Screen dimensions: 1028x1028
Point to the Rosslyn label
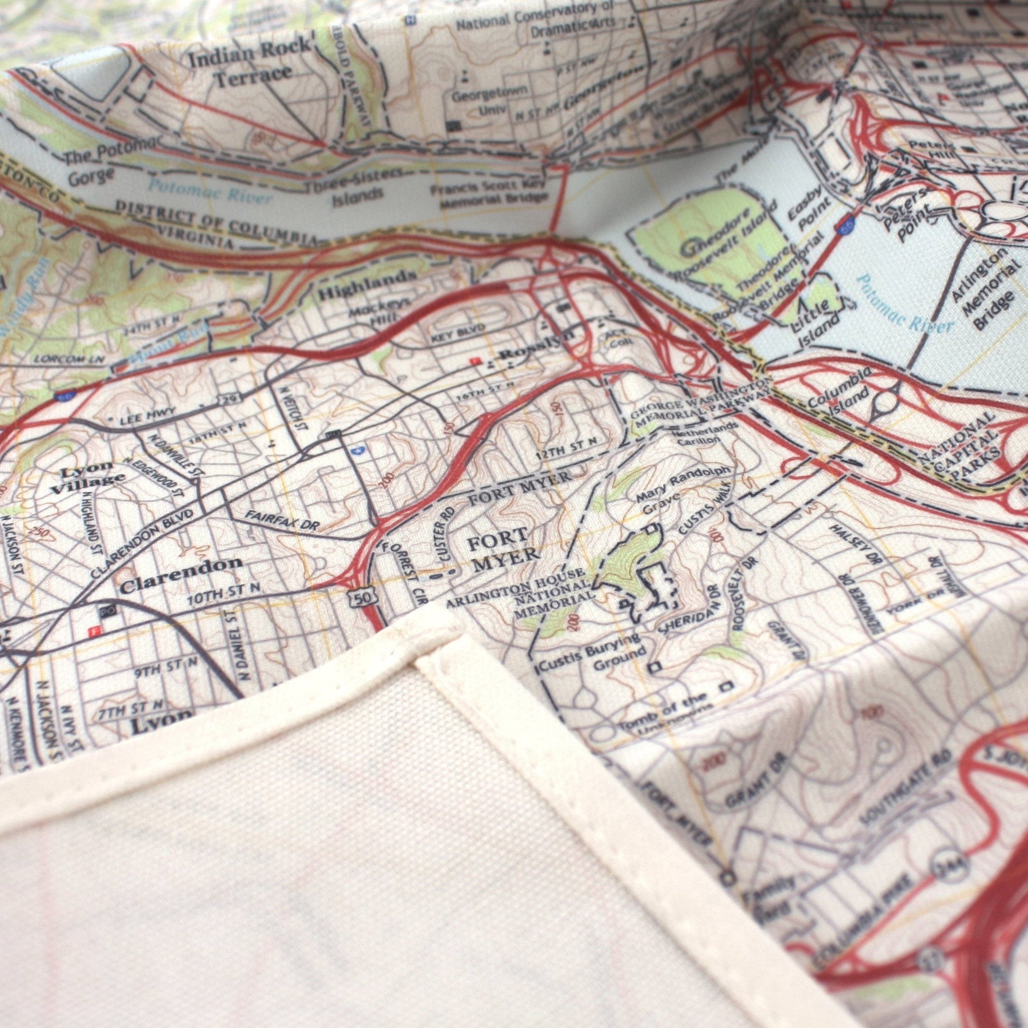pyautogui.click(x=537, y=345)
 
